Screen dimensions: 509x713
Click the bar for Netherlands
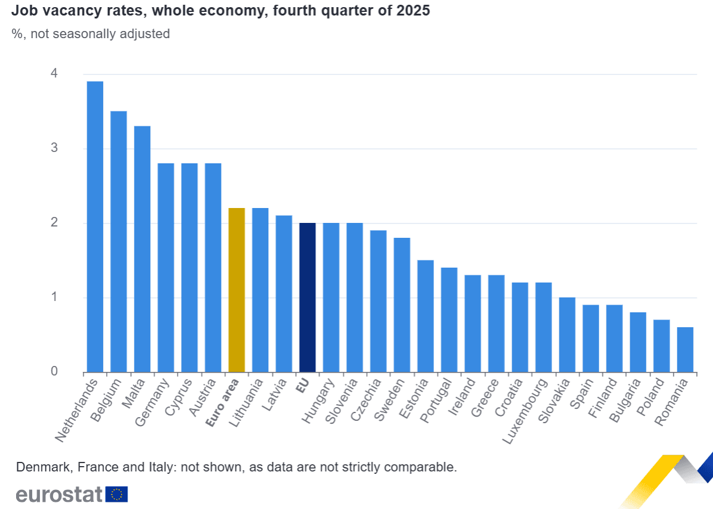(x=95, y=226)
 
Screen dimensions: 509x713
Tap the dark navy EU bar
(x=307, y=297)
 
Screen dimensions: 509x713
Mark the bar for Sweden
(x=402, y=305)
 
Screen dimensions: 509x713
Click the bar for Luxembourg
(x=543, y=327)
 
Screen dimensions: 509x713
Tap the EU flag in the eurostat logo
(x=116, y=494)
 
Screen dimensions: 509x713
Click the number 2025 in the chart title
(x=413, y=11)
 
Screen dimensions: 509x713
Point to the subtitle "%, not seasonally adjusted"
(x=91, y=34)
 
